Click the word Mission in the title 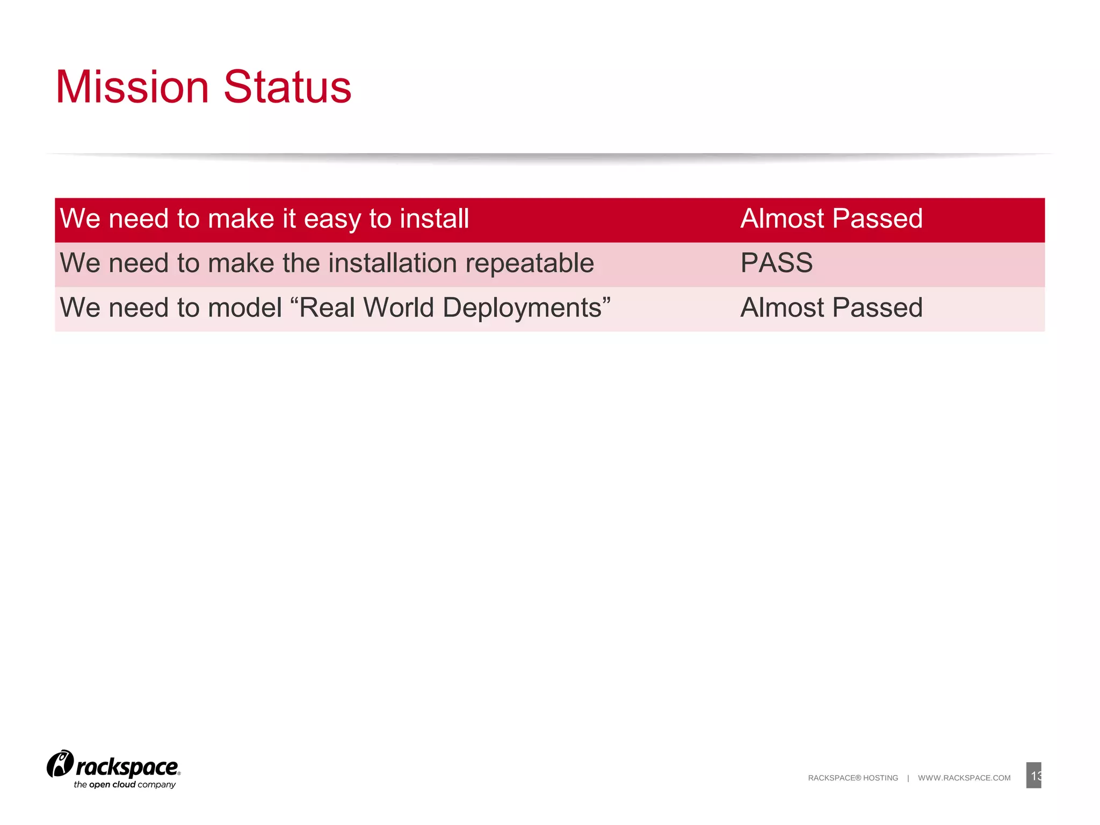(132, 87)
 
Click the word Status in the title (287, 87)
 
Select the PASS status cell (776, 263)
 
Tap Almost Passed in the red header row (831, 219)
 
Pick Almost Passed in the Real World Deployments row (831, 308)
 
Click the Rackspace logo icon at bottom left (60, 764)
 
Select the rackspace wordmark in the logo (127, 768)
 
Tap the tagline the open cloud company (125, 785)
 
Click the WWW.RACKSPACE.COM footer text (964, 778)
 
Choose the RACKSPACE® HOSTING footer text (852, 778)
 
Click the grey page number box (1033, 775)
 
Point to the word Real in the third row (327, 308)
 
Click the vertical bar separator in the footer (908, 778)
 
